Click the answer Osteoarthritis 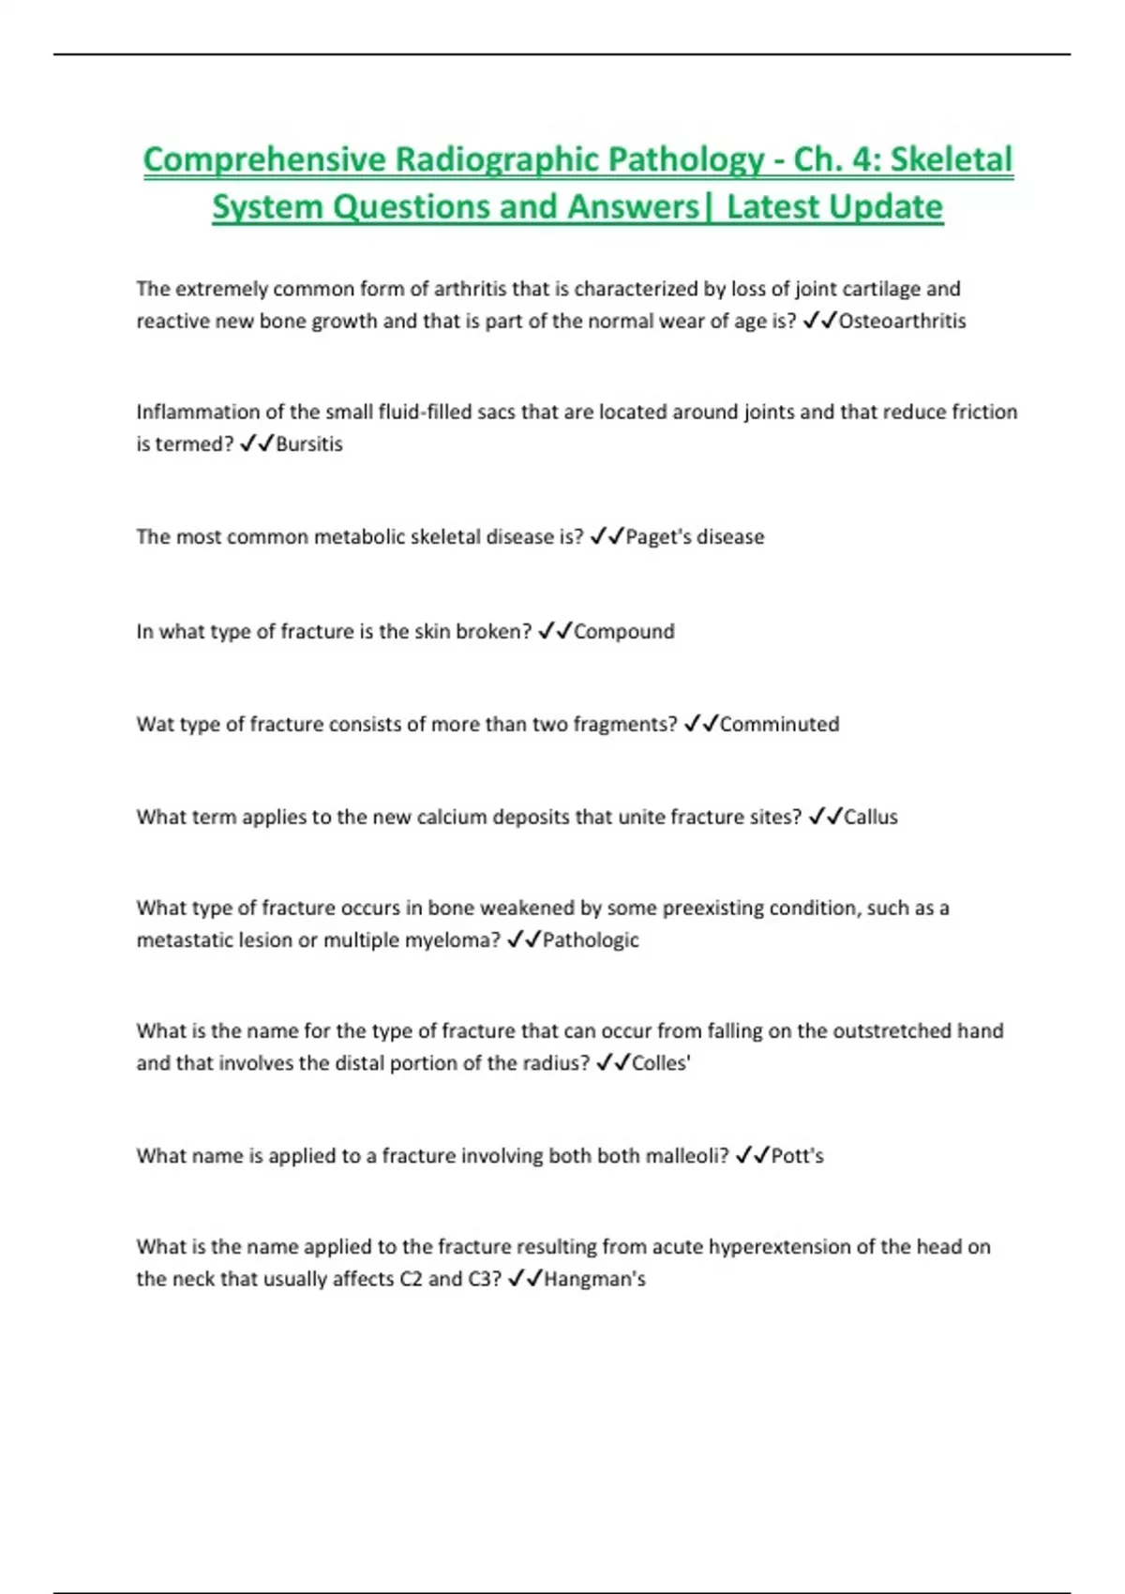[902, 322]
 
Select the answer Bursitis [309, 444]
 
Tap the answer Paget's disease [695, 537]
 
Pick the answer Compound [623, 632]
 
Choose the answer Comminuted [779, 725]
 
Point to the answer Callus [871, 818]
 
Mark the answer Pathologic [591, 940]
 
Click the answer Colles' [661, 1063]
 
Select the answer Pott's [797, 1156]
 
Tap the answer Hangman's [594, 1280]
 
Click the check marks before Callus [824, 818]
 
